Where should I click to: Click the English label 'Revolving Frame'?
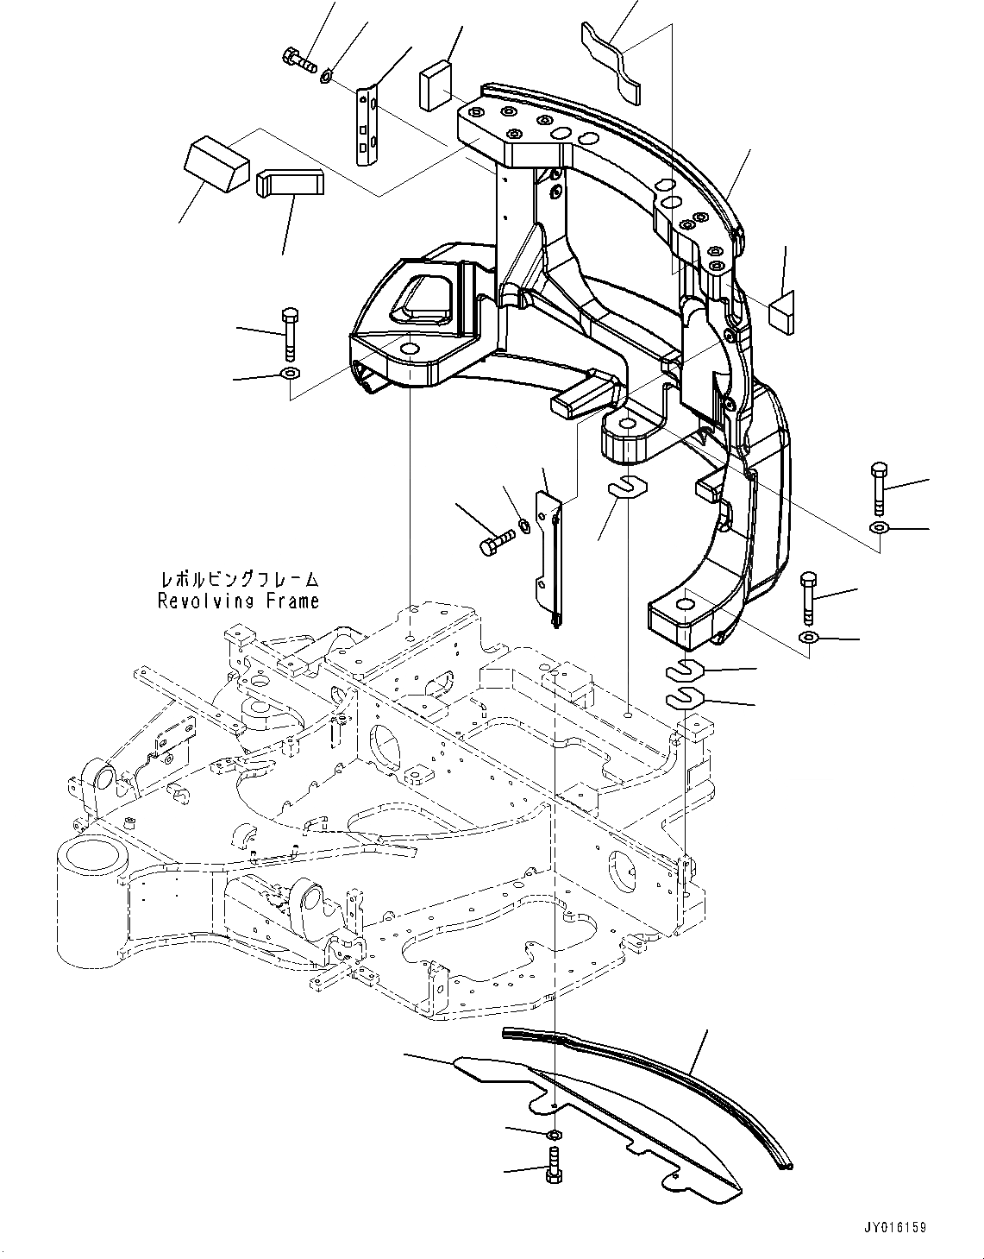click(238, 601)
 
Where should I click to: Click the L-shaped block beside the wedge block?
click(290, 182)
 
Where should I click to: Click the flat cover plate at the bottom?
click(604, 1113)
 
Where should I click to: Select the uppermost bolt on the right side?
click(878, 488)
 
